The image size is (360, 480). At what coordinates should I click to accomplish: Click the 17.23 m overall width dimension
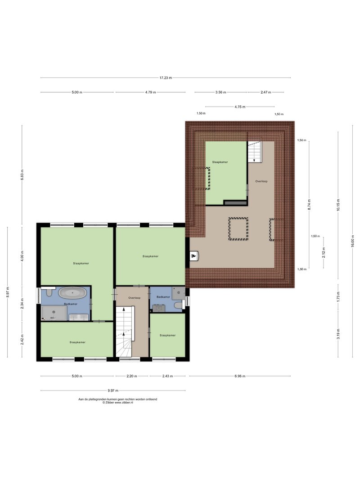pos(166,78)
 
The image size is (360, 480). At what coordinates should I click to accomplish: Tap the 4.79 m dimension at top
pos(150,92)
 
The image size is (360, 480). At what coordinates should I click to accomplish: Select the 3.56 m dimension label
pos(220,92)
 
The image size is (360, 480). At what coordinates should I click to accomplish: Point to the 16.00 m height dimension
pos(353,241)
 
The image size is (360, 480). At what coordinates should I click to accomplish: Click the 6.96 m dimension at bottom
pos(240,376)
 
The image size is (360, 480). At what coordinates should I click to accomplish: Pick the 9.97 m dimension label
pos(112,390)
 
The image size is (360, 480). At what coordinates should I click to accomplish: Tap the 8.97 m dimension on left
pos(8,292)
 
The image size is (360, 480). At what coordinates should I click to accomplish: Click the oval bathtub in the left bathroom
pos(72,293)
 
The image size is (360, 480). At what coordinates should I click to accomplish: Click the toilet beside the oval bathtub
pos(49,292)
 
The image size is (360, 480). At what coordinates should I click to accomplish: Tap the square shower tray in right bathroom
pos(179,293)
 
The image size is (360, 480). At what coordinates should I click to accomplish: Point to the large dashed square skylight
pos(238,229)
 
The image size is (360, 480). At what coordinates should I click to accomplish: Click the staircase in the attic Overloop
pos(254,152)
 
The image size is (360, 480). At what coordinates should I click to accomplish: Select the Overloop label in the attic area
pos(261,181)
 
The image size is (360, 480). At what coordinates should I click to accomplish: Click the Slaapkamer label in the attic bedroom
pos(220,162)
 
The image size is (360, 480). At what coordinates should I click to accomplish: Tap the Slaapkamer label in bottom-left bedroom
pos(77,342)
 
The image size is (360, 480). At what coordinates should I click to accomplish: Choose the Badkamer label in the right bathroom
pos(163,297)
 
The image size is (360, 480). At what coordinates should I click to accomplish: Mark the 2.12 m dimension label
pos(324,252)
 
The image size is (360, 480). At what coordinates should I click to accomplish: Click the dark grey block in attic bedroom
pos(235,202)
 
